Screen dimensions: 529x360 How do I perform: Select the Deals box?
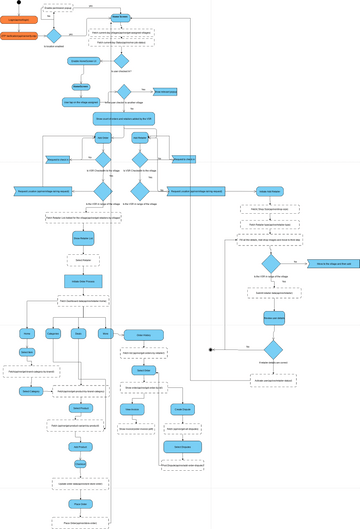point(80,333)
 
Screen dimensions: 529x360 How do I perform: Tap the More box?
point(106,333)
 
